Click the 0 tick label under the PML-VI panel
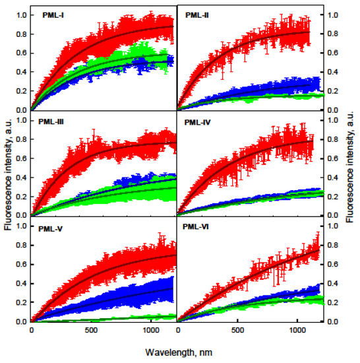[x=179, y=331]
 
